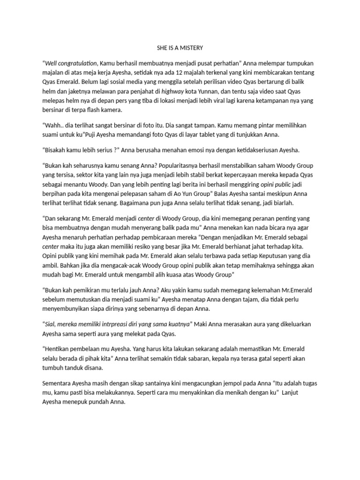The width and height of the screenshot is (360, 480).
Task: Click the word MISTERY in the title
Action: pyautogui.click(x=191, y=48)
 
